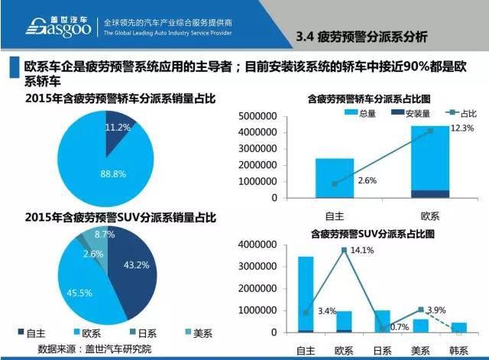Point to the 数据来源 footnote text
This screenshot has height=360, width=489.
click(99, 349)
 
